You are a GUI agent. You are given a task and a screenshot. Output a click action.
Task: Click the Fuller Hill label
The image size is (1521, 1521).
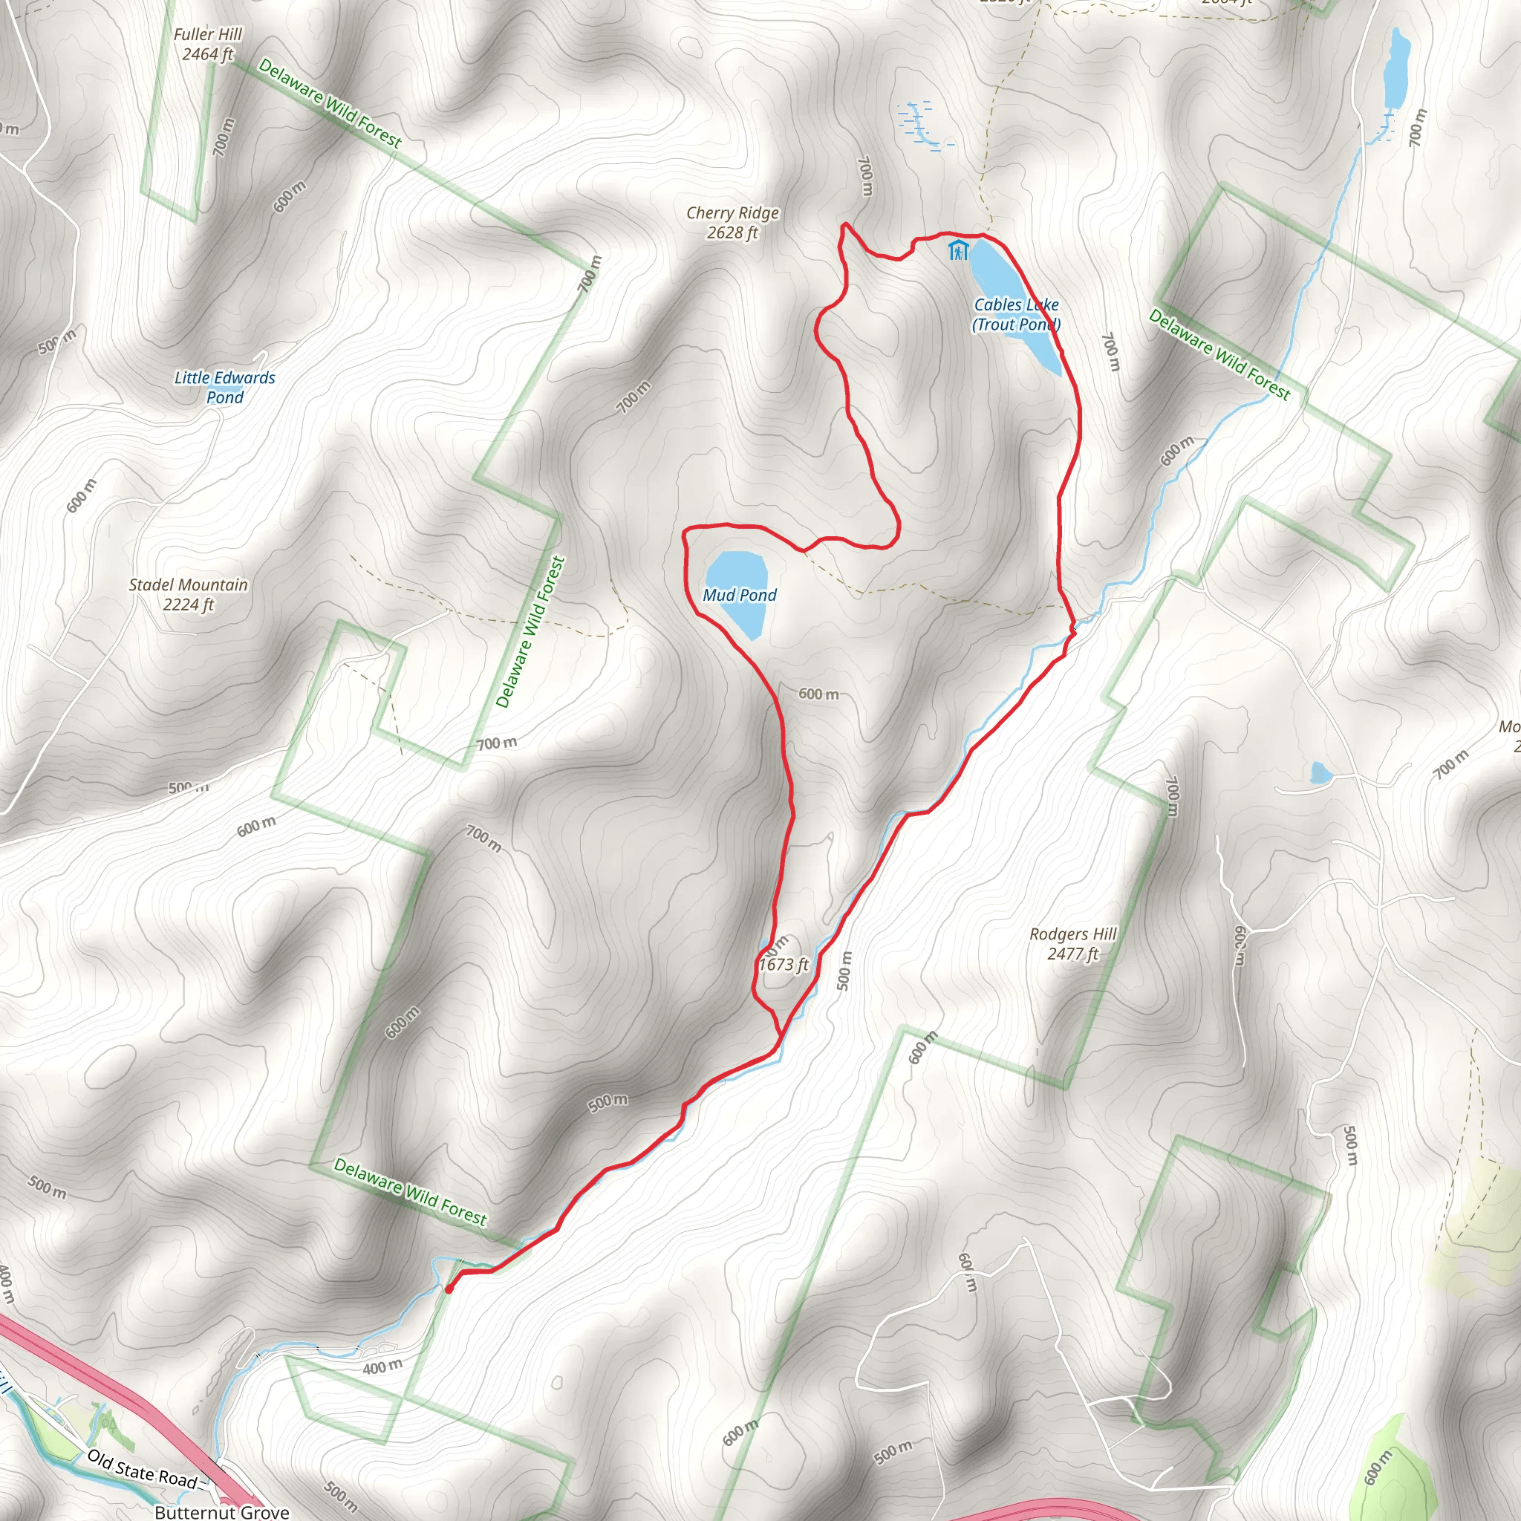(x=208, y=35)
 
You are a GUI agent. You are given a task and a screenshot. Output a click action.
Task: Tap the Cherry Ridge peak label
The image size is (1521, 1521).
(x=732, y=213)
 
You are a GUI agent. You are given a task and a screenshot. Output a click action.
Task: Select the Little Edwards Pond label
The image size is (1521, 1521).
(x=225, y=388)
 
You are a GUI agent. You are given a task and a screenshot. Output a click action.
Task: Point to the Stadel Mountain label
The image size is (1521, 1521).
(x=188, y=585)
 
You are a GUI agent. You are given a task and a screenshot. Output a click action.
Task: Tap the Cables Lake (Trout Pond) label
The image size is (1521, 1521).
(x=1017, y=315)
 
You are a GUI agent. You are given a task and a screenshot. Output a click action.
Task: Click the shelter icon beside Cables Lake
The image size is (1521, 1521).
(x=958, y=250)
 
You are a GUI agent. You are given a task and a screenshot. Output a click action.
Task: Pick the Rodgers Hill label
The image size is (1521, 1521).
(x=1073, y=934)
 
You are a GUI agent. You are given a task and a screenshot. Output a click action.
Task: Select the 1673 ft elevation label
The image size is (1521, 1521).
(x=784, y=965)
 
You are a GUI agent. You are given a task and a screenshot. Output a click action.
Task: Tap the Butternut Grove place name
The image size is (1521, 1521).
(x=222, y=1512)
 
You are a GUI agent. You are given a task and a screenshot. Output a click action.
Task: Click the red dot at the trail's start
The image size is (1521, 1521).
(x=449, y=1289)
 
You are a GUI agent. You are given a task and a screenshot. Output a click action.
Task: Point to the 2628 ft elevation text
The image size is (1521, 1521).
(x=732, y=233)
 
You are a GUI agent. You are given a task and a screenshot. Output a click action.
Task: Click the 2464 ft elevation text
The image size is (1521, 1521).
(x=208, y=55)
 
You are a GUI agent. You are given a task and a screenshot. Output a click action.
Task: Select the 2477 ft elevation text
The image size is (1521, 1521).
(x=1073, y=954)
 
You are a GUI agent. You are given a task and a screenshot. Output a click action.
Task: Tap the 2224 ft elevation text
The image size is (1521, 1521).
(x=188, y=605)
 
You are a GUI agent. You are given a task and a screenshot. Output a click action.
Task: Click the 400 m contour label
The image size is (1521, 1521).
(x=382, y=1367)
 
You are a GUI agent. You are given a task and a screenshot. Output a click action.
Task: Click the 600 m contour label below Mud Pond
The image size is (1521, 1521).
(x=818, y=694)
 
